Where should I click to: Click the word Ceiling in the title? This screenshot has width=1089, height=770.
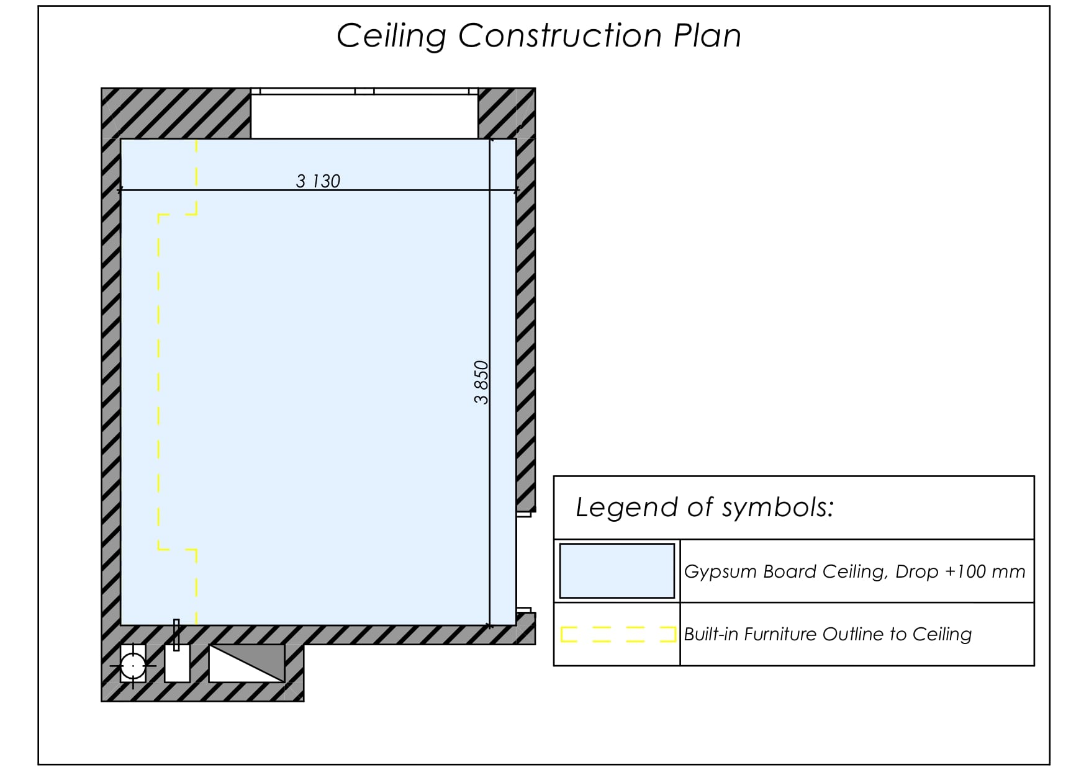pyautogui.click(x=391, y=36)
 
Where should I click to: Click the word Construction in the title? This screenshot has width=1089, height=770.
pyautogui.click(x=560, y=35)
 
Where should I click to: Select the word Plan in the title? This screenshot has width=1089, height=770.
pyautogui.click(x=707, y=35)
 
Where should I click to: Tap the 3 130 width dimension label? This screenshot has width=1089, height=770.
pyautogui.click(x=318, y=181)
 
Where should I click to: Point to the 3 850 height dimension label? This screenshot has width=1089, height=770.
pyautogui.click(x=481, y=382)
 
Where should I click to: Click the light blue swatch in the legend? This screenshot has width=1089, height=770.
pyautogui.click(x=617, y=571)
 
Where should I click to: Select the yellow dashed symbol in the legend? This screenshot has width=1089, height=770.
pyautogui.click(x=618, y=634)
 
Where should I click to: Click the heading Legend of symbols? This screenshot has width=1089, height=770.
pyautogui.click(x=705, y=507)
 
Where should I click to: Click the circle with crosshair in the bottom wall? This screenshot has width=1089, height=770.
pyautogui.click(x=133, y=666)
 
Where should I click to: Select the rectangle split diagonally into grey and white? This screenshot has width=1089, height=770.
pyautogui.click(x=246, y=663)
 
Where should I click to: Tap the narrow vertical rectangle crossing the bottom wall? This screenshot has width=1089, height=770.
pyautogui.click(x=176, y=635)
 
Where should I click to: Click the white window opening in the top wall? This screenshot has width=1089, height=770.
pyautogui.click(x=364, y=114)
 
